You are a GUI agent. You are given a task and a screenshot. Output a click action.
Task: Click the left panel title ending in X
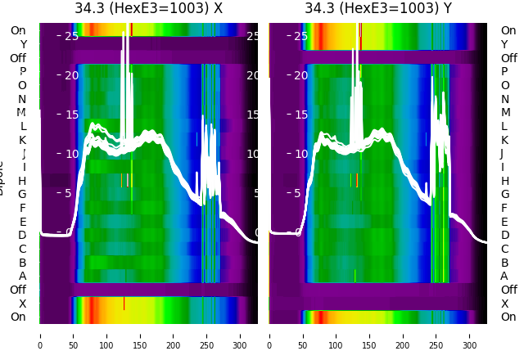pyautogui.click(x=148, y=9)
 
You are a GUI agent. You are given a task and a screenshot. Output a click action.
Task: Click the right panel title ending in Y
pyautogui.click(x=378, y=9)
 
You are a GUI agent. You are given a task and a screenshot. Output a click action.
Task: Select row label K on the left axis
pyautogui.click(x=23, y=140)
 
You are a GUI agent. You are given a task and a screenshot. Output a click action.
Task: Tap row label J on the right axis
pyautogui.click(x=502, y=154)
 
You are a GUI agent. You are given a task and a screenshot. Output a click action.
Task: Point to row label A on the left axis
pyautogui.click(x=23, y=276)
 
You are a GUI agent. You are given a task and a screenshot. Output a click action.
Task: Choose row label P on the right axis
pyautogui.click(x=504, y=72)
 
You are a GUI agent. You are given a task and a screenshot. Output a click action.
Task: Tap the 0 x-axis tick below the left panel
pyautogui.click(x=40, y=335)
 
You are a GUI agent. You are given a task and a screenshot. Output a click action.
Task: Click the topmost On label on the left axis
pyautogui.click(x=18, y=31)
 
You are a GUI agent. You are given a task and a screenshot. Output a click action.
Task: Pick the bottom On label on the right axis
pyautogui.click(x=508, y=317)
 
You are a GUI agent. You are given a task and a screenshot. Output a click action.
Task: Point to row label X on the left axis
pyautogui.click(x=23, y=304)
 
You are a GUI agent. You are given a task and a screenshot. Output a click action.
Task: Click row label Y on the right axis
pyautogui.click(x=504, y=44)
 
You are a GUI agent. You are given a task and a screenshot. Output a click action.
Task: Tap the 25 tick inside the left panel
pyautogui.click(x=70, y=36)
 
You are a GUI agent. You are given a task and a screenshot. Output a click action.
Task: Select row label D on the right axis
pyautogui.click(x=504, y=236)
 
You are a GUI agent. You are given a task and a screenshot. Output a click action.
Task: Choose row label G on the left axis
pyautogui.click(x=22, y=195)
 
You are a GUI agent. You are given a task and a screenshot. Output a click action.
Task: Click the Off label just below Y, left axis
pyautogui.click(x=18, y=58)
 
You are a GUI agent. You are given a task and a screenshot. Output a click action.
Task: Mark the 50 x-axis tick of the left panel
pyautogui.click(x=74, y=335)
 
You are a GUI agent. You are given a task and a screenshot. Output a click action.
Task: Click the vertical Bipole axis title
pyautogui.click(x=3, y=180)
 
